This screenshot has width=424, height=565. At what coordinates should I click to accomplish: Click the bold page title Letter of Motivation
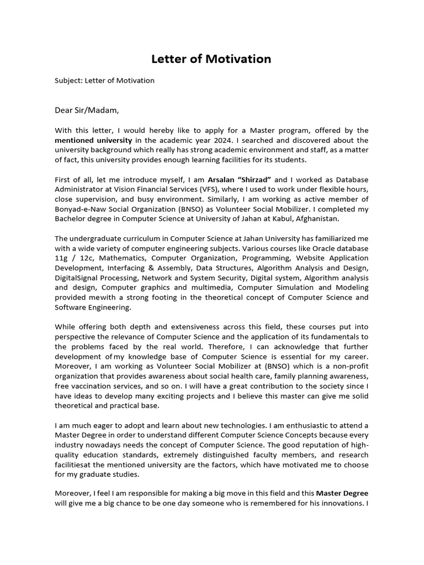(x=212, y=58)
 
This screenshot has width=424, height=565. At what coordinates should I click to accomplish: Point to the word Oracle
(x=305, y=248)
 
